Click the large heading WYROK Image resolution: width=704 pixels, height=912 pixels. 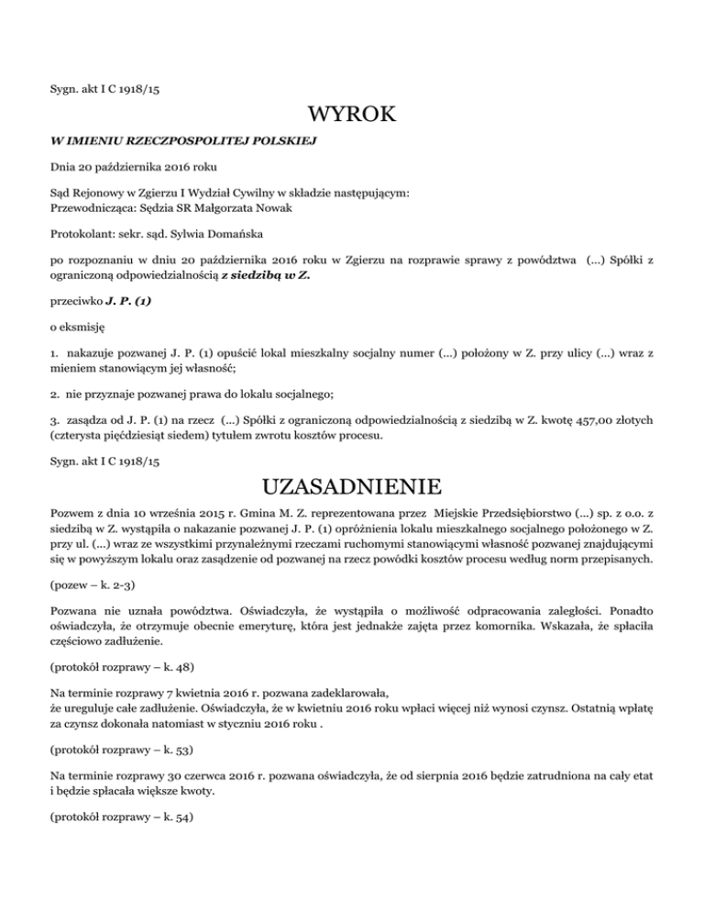tap(352, 116)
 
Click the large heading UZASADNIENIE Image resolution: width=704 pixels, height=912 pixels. tap(352, 484)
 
